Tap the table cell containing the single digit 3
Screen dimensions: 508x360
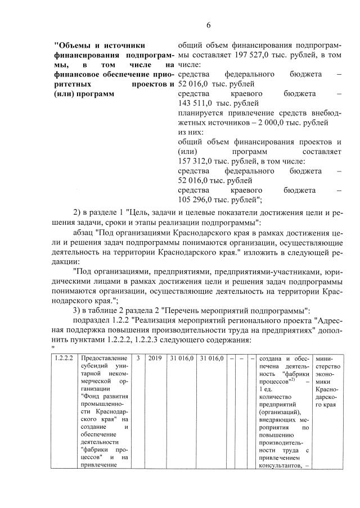pyautogui.click(x=138, y=358)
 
